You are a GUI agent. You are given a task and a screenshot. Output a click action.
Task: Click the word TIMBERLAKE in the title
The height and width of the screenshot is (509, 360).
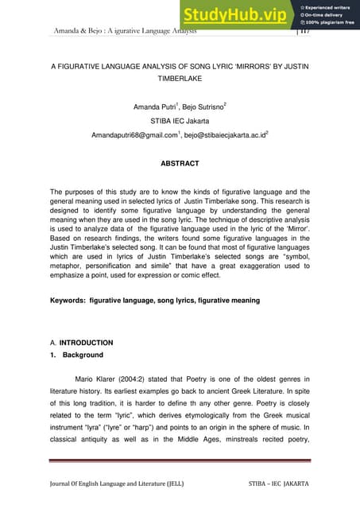pos(180,80)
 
